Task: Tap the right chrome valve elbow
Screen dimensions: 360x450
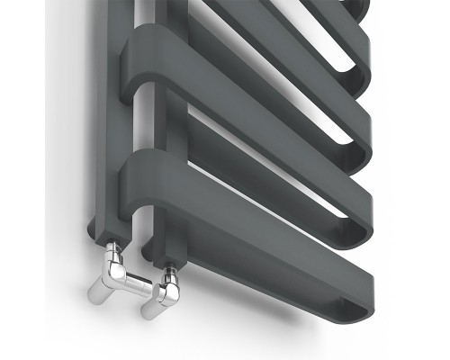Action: pyautogui.click(x=167, y=291)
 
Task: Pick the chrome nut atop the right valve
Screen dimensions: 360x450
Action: pyautogui.click(x=168, y=269)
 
